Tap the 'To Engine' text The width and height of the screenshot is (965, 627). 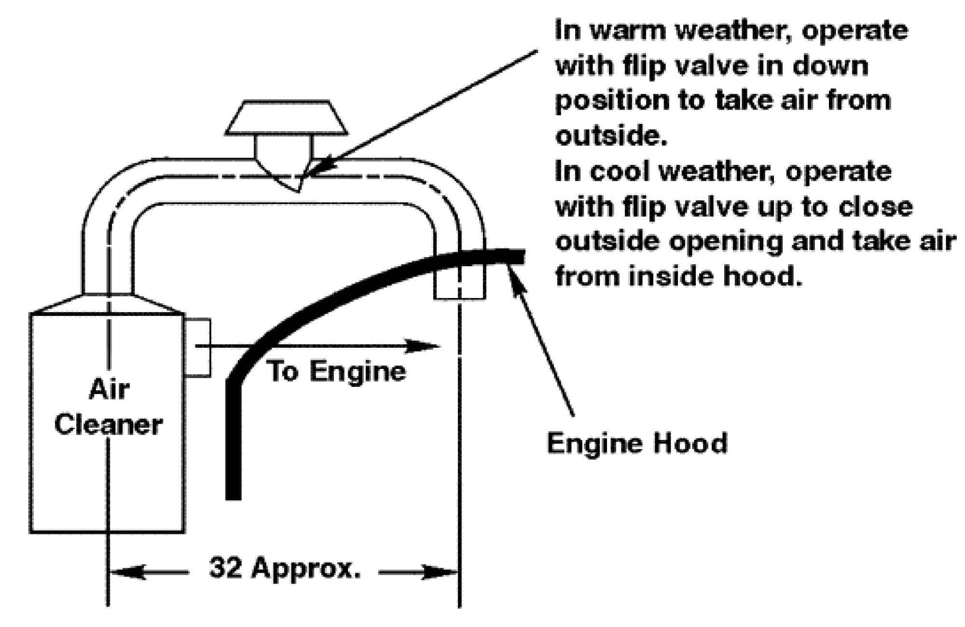[x=337, y=371]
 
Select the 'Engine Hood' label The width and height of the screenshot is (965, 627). [x=637, y=443]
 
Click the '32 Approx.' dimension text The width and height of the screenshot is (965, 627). [x=285, y=568]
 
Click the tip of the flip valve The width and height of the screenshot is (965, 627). [x=299, y=191]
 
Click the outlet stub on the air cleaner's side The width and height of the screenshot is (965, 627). [x=198, y=347]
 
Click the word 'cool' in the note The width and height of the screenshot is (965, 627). [x=620, y=172]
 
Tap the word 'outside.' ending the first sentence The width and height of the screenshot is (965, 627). [x=612, y=136]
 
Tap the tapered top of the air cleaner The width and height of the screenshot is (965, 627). [x=107, y=303]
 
